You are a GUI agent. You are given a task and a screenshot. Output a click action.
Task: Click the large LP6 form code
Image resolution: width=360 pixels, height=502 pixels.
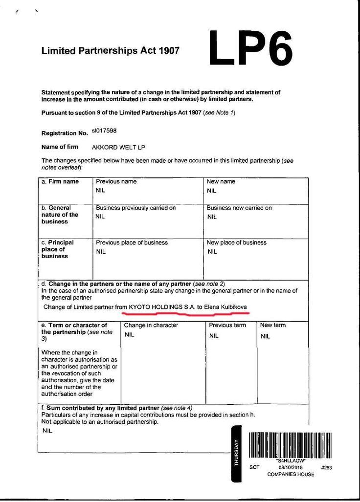coord(250,48)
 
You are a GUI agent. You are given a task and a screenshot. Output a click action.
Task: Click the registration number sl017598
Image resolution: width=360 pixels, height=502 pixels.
coord(104,131)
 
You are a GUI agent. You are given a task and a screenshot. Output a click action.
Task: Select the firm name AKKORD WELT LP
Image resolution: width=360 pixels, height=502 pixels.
coord(118,147)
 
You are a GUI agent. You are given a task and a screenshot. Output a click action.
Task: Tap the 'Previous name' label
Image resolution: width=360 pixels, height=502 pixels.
coord(116,181)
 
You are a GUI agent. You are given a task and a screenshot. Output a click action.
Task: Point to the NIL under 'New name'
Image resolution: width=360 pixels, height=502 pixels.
coord(211,191)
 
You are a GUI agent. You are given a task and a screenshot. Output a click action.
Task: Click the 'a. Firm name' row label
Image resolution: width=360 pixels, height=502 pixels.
coord(60,181)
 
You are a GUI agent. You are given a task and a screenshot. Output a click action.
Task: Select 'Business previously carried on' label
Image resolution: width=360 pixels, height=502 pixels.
coord(135,208)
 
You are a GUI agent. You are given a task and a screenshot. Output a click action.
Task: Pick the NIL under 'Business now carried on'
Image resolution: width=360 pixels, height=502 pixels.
coord(211,217)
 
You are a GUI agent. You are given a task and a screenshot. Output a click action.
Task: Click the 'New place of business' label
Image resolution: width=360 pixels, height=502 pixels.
coord(236,242)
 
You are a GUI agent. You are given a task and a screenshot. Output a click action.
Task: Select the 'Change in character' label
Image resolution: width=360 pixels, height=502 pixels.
coord(151,325)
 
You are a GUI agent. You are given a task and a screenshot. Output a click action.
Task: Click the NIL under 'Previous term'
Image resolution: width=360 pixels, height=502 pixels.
coord(214,336)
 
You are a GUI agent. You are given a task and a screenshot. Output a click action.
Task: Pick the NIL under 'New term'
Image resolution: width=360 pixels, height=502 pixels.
coord(265,336)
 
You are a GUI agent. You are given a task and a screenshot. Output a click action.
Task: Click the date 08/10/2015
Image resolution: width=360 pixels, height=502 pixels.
coord(291,467)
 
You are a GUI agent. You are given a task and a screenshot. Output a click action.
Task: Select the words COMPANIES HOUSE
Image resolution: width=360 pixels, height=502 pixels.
coord(291,475)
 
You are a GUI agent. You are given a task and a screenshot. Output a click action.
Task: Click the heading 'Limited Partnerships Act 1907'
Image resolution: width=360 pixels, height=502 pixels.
coord(111,50)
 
